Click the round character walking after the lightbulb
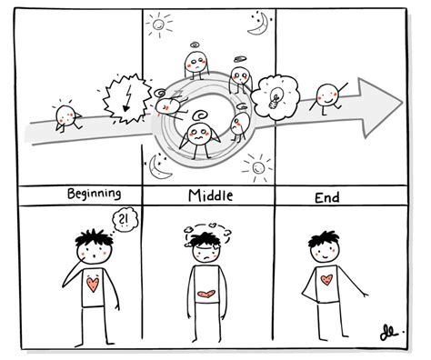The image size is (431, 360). pos(327,95)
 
